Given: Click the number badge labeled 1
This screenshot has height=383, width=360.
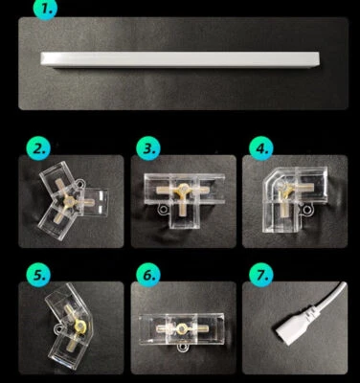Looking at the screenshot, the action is point(45,9).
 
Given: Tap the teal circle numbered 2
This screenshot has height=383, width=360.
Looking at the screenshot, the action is point(38,148).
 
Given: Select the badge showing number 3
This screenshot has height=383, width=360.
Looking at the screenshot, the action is point(148,148).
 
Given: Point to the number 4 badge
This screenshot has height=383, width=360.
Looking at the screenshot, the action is point(261,148).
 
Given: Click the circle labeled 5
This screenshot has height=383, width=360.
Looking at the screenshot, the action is point(38,275).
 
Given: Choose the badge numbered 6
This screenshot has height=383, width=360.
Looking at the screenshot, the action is point(148,275).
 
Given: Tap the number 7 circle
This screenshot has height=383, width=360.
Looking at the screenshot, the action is point(261,275).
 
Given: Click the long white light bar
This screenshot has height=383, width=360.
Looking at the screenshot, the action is point(180,59).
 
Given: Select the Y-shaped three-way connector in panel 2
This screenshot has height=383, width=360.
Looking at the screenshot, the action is point(73,200).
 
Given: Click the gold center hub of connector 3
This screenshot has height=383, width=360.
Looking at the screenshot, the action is point(183,190).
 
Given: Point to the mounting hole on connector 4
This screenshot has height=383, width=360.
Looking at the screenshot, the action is point(306,210).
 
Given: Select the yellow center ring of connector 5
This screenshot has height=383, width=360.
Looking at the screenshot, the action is point(80,327).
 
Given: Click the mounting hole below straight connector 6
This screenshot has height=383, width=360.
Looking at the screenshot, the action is point(183,348).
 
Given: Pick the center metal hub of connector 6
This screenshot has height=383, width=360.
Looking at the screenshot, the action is point(182,328).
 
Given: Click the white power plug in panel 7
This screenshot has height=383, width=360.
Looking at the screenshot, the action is point(294,326).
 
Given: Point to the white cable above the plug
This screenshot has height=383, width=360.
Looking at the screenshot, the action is point(330,296).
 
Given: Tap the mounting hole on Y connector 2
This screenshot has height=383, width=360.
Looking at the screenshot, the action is point(79,184).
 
